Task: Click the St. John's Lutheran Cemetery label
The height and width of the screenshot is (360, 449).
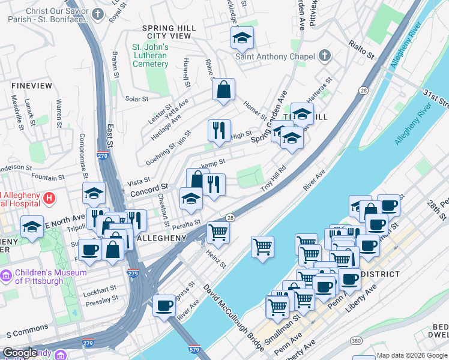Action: point(151,55)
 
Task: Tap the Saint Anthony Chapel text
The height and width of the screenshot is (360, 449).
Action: point(275,57)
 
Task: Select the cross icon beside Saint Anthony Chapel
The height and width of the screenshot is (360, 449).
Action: point(324,56)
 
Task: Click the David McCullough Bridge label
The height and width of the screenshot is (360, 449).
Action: point(235,317)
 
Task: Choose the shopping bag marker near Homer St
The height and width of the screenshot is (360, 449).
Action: point(223,90)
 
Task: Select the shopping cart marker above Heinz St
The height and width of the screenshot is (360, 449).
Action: point(218,232)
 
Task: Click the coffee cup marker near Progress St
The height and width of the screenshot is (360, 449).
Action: point(164,305)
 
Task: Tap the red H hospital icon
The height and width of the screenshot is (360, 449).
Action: point(49,197)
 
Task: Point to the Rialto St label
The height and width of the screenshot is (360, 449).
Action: point(362,49)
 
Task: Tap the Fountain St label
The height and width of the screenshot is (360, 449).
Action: point(48,178)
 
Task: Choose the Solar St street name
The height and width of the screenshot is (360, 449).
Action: point(136,99)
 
